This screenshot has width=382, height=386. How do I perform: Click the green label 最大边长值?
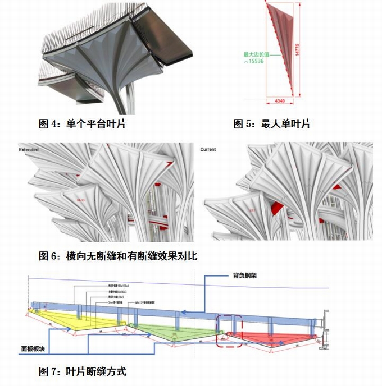tap(256, 54)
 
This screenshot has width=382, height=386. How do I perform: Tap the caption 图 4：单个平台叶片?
tap(82, 123)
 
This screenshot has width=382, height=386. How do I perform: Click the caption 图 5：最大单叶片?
tap(271, 123)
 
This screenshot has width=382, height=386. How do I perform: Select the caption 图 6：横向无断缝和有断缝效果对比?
tap(118, 256)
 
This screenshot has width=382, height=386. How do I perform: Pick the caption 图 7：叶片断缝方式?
tap(83, 371)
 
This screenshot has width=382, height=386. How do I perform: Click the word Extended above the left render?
tap(29, 150)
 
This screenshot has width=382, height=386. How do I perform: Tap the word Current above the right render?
tap(208, 150)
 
